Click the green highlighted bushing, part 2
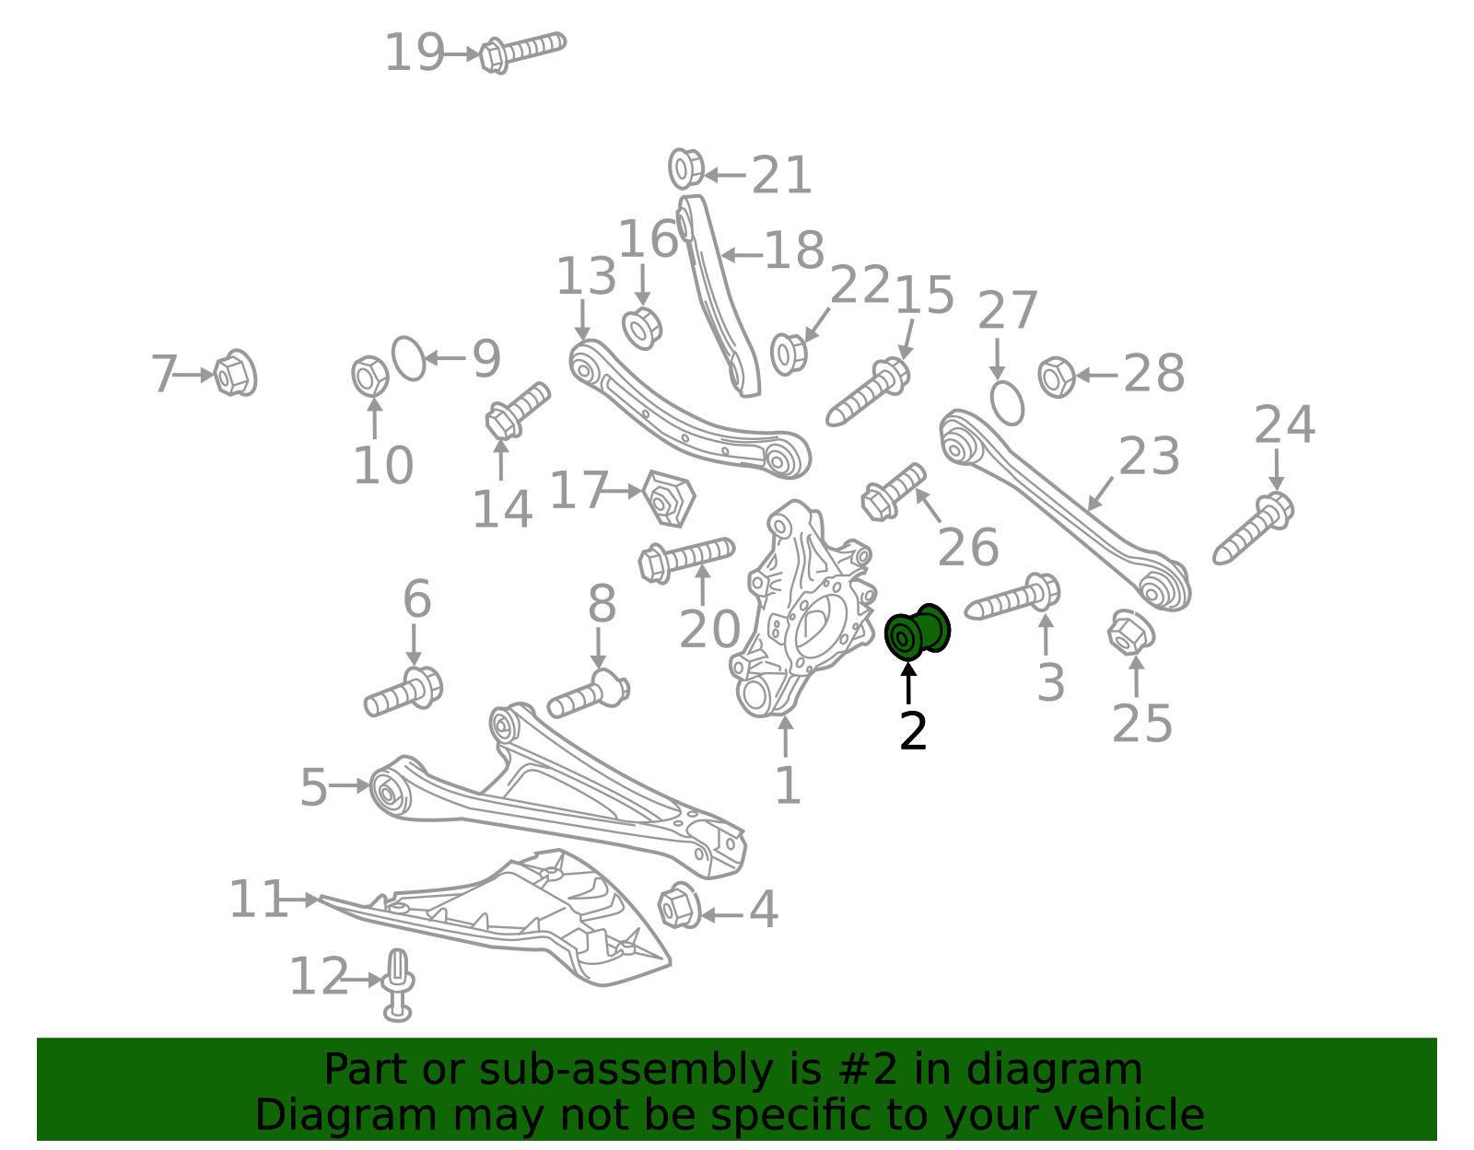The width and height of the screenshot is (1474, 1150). point(917,632)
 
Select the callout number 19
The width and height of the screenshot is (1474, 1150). point(415,52)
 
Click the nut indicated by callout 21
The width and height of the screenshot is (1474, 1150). point(685,168)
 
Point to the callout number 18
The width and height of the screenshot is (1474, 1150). point(794,250)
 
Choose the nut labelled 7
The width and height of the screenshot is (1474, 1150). point(235,373)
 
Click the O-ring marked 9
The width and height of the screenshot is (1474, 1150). point(408,358)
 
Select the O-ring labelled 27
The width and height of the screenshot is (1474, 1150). point(1007,403)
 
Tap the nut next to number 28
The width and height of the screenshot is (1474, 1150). point(1056,377)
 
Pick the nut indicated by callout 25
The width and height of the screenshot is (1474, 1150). point(1130,633)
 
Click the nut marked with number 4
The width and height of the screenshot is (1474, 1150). point(679,905)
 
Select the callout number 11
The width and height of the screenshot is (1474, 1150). point(259,900)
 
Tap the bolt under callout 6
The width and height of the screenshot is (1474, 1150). point(404,691)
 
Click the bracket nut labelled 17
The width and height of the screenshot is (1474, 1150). point(668,498)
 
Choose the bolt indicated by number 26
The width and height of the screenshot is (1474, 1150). point(894,492)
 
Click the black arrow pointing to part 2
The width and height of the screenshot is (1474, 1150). point(908,684)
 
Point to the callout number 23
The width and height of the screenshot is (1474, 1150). point(1149,456)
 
